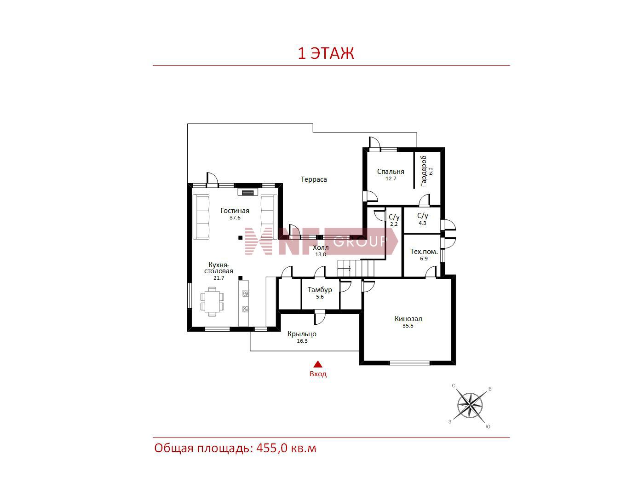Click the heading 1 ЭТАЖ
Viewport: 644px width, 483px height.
(x=326, y=53)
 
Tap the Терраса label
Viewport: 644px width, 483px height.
(x=314, y=179)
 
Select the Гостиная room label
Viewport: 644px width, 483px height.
(x=235, y=211)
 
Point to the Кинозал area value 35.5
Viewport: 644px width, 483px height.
(x=408, y=326)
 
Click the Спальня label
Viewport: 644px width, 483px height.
(x=391, y=172)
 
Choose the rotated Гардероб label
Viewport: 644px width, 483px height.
(x=423, y=171)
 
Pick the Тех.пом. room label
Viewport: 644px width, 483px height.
(x=424, y=251)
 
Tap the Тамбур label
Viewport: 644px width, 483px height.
(x=320, y=290)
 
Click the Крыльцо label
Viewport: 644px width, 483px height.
(x=302, y=334)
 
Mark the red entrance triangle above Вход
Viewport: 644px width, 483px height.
(x=318, y=364)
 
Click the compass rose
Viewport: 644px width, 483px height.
(x=470, y=406)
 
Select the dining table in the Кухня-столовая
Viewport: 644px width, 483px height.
(x=212, y=301)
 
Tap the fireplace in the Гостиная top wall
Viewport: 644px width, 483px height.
(x=248, y=192)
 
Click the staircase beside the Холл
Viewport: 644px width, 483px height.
(x=356, y=268)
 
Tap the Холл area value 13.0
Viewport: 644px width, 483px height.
(x=321, y=254)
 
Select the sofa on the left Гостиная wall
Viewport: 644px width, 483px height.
(x=201, y=217)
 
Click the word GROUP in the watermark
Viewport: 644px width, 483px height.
(x=360, y=241)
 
